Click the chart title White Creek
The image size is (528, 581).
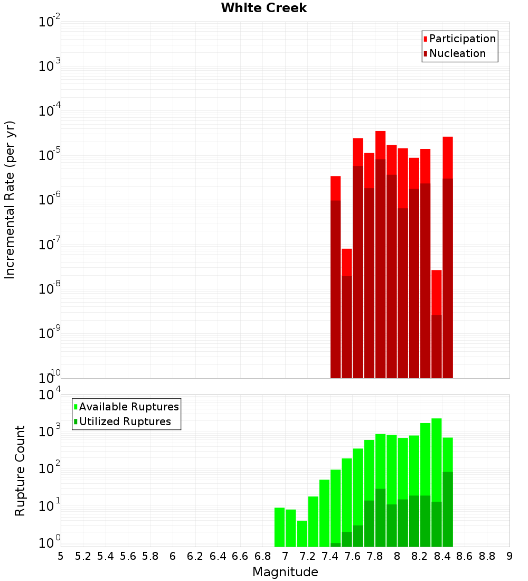pos(263,8)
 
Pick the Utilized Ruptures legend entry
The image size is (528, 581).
pos(125,421)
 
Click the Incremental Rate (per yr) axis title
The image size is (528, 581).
pos(10,200)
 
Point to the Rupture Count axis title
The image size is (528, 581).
pos(20,470)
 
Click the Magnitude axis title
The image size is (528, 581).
pos(285,572)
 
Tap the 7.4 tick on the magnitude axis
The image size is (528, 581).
pos(330,556)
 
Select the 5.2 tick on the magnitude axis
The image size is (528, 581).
pos(83,556)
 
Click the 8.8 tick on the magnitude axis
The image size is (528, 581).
pos(487,556)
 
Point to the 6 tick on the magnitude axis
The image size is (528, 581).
pos(173,556)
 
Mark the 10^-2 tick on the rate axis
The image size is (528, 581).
pos(49,22)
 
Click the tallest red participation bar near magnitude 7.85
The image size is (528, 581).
pos(381,145)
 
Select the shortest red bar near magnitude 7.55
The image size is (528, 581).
pos(347,262)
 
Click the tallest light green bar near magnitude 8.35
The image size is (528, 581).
pos(437,460)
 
